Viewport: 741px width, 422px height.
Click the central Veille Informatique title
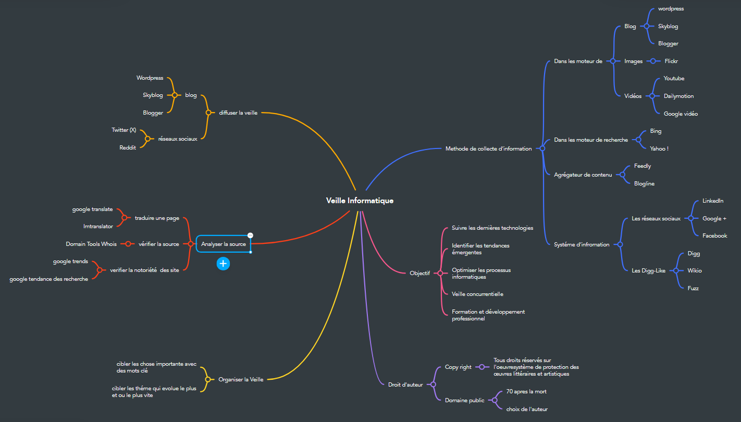pos(360,201)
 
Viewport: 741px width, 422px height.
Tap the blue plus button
pos(224,264)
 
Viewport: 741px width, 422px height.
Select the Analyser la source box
pos(224,244)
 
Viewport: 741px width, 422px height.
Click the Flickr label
pos(671,61)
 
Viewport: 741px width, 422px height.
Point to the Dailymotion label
pos(678,96)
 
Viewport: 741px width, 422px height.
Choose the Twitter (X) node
pos(123,130)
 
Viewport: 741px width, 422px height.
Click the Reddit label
pos(128,147)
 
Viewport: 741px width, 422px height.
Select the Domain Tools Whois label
pos(91,244)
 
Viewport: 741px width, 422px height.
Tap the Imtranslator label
pos(98,226)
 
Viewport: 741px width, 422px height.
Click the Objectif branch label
pos(419,273)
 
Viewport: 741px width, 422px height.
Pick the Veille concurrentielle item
pos(477,294)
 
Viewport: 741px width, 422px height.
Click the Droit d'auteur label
pos(405,384)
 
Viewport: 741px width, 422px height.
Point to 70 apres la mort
pos(526,392)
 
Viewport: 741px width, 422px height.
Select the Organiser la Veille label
pos(241,379)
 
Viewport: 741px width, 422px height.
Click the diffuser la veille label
pos(238,113)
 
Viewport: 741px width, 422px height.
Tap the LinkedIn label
pos(713,201)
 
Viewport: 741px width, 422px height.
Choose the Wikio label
pos(694,270)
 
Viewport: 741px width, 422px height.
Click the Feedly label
pos(643,166)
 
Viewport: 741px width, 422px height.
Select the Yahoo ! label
pos(659,149)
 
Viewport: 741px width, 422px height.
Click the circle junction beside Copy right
pos(482,367)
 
